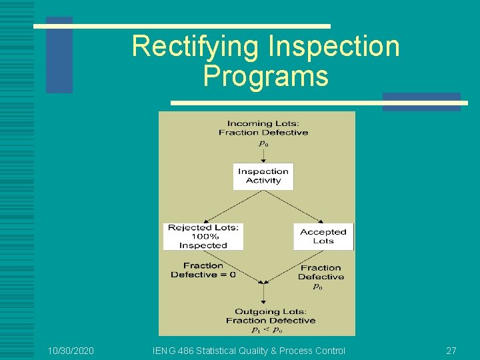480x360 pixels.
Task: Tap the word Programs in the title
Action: coord(265,76)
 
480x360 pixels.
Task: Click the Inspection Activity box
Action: coord(263,176)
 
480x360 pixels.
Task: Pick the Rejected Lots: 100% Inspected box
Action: coord(203,237)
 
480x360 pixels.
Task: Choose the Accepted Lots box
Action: coord(323,237)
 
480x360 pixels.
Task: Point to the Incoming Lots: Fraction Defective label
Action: coord(263,127)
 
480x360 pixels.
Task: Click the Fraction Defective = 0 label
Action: coord(203,270)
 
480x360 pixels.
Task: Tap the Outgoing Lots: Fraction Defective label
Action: coord(270,316)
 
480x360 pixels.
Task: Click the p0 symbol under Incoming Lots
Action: coord(263,143)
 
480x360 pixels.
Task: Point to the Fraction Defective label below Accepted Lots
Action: coord(321,272)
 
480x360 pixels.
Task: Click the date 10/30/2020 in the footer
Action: coord(71,351)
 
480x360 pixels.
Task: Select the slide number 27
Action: coord(451,351)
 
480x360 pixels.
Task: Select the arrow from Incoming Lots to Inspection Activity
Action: coord(263,155)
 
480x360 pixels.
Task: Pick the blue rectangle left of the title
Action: coord(59,55)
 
